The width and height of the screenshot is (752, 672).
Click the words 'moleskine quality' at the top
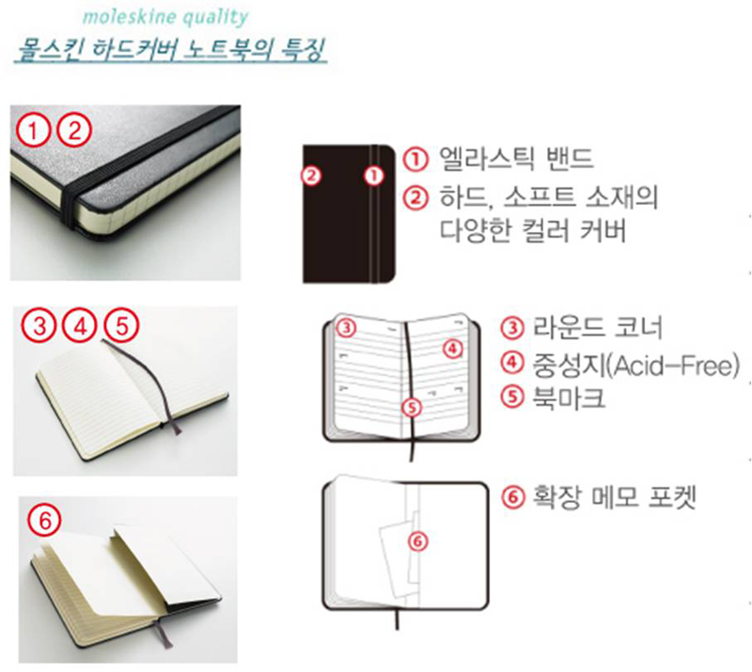click(x=165, y=17)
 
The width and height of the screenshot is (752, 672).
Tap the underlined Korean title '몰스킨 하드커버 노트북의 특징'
click(x=171, y=51)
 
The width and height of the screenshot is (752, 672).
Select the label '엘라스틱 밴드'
click(x=516, y=158)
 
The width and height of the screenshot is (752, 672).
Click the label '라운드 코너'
click(x=597, y=328)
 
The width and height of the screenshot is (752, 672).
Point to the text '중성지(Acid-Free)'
click(x=636, y=365)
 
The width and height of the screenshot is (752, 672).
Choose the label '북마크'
click(x=569, y=398)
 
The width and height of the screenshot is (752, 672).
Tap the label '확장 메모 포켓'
click(x=615, y=497)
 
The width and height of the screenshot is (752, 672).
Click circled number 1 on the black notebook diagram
click(x=374, y=176)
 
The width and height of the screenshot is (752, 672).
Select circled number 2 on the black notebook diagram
click(x=311, y=176)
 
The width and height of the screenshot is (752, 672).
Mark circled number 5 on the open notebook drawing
click(x=412, y=408)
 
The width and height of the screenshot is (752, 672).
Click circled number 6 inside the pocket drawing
click(x=417, y=541)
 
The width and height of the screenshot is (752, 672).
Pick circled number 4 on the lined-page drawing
click(x=453, y=350)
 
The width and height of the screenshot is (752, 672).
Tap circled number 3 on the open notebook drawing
click(x=346, y=328)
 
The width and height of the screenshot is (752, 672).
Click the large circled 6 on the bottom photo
click(x=44, y=521)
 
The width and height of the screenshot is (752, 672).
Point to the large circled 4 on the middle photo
click(x=81, y=327)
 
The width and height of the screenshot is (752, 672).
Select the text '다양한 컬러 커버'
click(x=533, y=230)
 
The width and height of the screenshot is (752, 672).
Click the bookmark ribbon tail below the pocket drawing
click(x=397, y=618)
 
